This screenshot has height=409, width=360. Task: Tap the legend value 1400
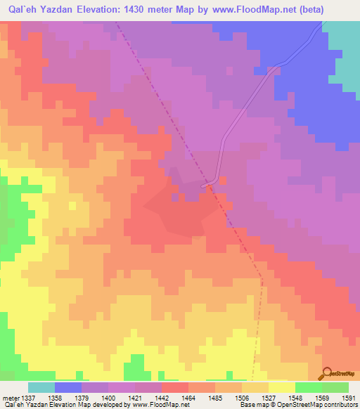click(x=108, y=398)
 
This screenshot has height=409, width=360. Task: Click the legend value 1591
click(x=347, y=398)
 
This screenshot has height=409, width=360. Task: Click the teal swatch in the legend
click(x=41, y=387)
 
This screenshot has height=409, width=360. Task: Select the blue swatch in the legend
click(x=68, y=387)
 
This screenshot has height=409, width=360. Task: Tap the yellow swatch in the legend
click(x=281, y=387)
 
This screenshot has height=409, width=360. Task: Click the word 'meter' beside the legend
click(x=10, y=398)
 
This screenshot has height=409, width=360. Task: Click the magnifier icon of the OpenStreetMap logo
click(x=327, y=372)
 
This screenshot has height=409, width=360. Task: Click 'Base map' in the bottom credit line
click(x=252, y=405)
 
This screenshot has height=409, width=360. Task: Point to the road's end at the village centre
click(x=205, y=186)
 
